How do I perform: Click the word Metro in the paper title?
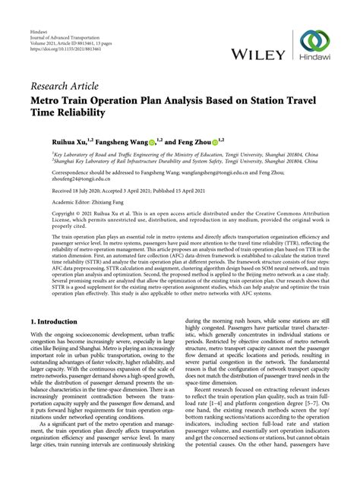46,99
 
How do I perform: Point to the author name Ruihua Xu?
48,140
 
